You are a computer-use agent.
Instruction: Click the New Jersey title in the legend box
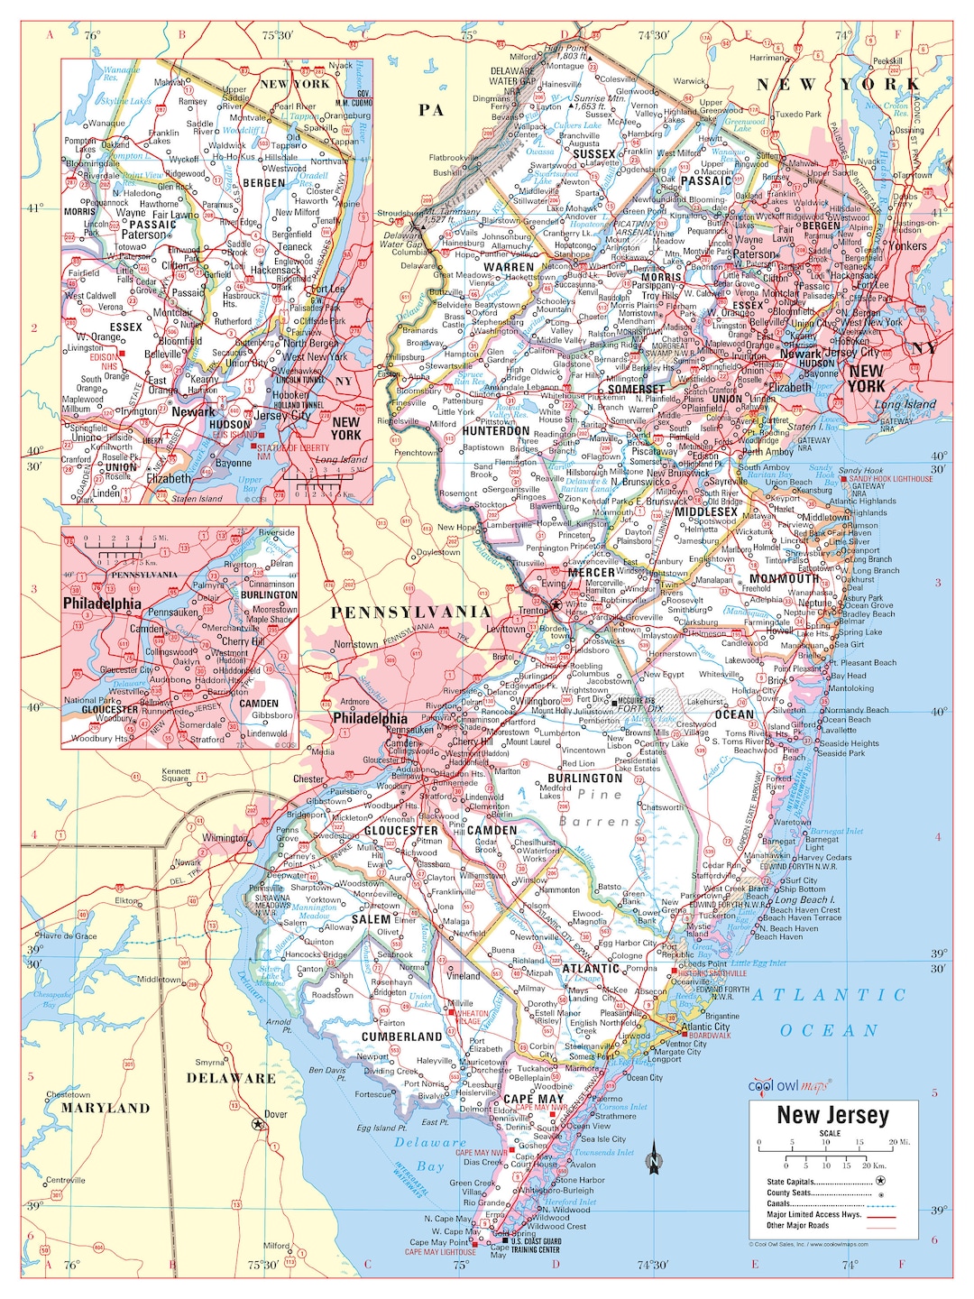pyautogui.click(x=832, y=1115)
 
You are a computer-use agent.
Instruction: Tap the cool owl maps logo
pyautogui.click(x=790, y=1086)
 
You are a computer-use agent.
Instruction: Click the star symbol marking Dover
pyautogui.click(x=259, y=1124)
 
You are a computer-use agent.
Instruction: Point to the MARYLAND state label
pyautogui.click(x=106, y=1108)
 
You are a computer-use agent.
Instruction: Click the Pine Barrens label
pyautogui.click(x=600, y=808)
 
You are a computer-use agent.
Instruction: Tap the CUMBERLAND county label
pyautogui.click(x=402, y=1036)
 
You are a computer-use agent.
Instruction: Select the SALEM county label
pyautogui.click(x=371, y=919)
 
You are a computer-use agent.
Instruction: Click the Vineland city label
pyautogui.click(x=464, y=975)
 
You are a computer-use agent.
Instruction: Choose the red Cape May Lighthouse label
pyautogui.click(x=440, y=1252)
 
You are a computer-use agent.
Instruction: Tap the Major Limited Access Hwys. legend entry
pyautogui.click(x=813, y=1214)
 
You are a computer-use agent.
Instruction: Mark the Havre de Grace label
pyautogui.click(x=69, y=936)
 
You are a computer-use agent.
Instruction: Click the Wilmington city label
pyautogui.click(x=225, y=838)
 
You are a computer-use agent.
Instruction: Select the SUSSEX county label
pyautogui.click(x=594, y=154)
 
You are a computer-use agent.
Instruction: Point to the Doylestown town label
pyautogui.click(x=438, y=552)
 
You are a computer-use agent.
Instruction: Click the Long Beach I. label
pyautogui.click(x=804, y=899)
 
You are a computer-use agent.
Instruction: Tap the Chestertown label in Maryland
pyautogui.click(x=69, y=1094)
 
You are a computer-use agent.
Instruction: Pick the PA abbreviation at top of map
pyautogui.click(x=431, y=110)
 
